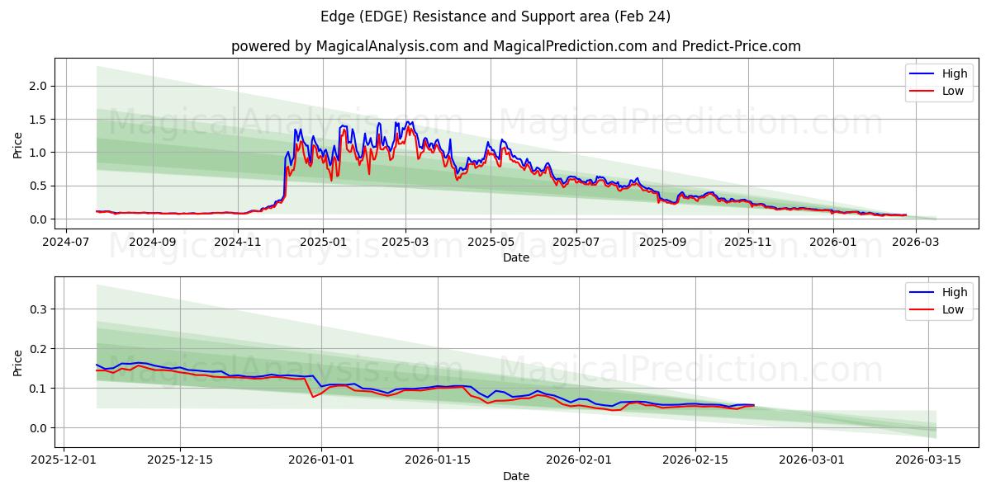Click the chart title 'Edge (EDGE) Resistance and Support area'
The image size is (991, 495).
494,16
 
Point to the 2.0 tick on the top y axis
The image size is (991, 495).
38,86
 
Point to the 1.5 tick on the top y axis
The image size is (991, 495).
38,120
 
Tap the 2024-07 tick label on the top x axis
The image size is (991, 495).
66,243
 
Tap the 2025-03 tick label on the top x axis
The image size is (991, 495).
405,243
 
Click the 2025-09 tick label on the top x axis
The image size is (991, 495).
662,243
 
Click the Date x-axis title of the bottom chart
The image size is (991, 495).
516,476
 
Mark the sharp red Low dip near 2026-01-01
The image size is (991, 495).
313,397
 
